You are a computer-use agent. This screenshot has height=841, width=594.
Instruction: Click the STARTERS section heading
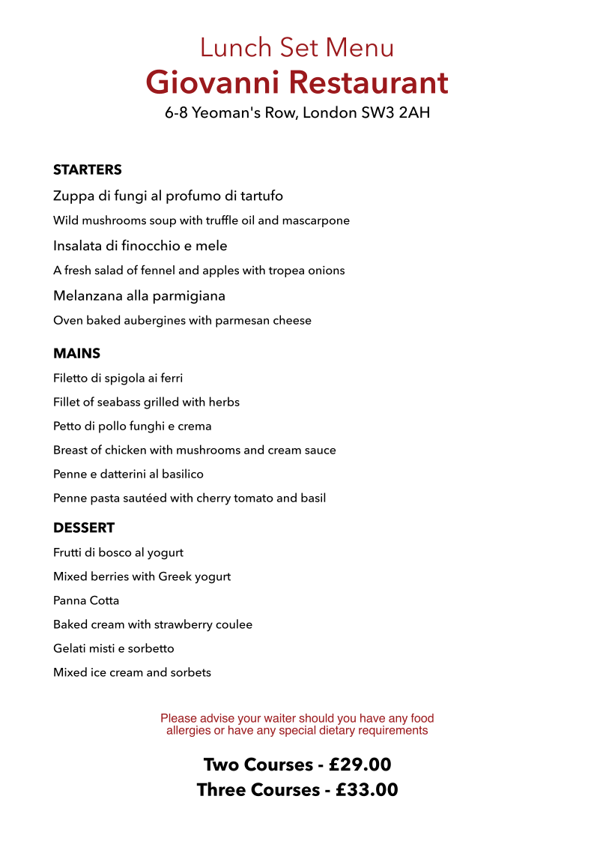87,170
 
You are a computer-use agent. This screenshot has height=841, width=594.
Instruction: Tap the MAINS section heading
76,353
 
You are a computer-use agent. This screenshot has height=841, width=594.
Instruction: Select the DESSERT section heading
84,528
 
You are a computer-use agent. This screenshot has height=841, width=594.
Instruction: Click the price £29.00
360,765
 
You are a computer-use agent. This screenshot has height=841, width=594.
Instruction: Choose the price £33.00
366,790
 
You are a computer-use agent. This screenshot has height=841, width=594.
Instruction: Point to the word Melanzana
86,296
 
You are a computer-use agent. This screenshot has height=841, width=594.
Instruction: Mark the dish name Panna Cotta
86,600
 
